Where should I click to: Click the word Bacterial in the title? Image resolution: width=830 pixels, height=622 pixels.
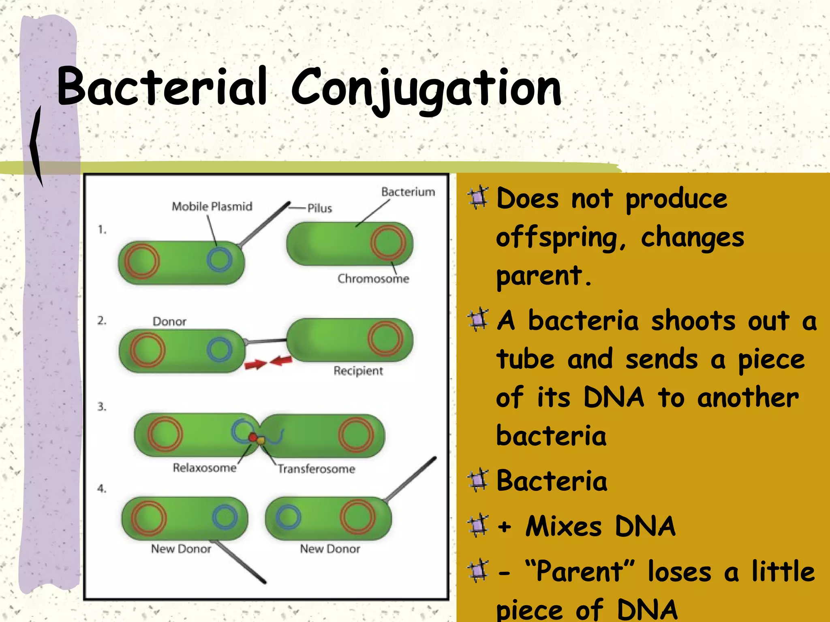162,87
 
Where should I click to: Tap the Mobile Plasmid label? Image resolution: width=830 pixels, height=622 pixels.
212,207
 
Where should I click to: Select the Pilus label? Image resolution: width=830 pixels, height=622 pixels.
320,209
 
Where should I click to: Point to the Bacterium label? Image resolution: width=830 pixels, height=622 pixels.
408,192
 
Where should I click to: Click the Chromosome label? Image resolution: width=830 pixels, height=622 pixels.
373,279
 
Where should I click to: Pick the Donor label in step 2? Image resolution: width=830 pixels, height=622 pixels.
169,322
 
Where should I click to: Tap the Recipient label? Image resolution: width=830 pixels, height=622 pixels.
358,371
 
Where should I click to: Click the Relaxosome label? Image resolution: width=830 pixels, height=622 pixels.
205,468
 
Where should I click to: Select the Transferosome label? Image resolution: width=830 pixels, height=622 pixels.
317,469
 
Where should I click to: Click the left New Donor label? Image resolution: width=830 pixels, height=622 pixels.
181,549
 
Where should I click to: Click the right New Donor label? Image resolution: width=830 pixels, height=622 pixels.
330,549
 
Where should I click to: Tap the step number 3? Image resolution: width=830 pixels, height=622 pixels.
102,407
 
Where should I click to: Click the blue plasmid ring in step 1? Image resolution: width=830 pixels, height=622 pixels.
220,260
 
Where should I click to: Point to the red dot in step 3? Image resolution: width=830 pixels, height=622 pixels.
252,437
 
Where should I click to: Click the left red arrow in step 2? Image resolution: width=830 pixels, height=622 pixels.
255,365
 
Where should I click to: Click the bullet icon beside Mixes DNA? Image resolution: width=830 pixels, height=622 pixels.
478,526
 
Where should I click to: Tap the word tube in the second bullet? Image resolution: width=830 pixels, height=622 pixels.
526,360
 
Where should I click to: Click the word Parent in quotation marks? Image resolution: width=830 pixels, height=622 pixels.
580,571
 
